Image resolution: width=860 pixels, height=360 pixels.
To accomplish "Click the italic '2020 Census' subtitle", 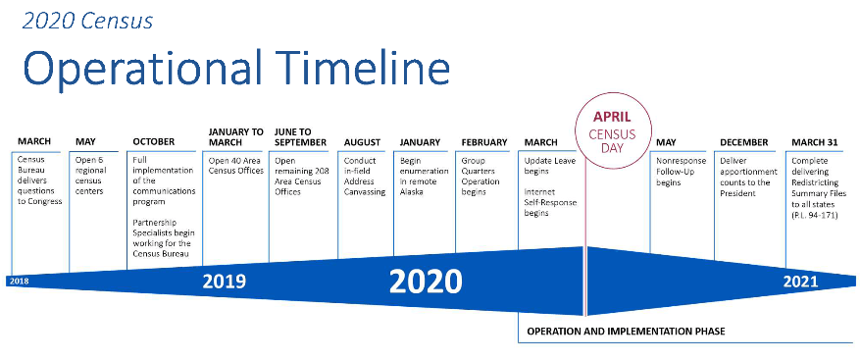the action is tap(87, 21).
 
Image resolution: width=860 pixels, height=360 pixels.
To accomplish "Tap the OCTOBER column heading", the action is tap(154, 142).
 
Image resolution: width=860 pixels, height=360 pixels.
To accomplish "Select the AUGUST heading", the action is tap(362, 142).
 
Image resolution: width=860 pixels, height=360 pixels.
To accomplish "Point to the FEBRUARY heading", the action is tap(484, 142).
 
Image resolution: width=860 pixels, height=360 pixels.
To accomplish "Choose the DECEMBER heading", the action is tap(744, 142).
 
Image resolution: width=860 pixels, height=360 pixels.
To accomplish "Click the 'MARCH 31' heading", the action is tap(815, 142).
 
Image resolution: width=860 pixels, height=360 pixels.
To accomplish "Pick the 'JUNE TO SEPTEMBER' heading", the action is tap(300, 137).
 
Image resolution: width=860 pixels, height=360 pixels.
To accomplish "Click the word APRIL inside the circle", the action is tap(612, 117).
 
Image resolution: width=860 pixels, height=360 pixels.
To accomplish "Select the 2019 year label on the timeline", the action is tap(225, 282).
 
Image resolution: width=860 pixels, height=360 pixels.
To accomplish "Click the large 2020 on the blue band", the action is tap(426, 282).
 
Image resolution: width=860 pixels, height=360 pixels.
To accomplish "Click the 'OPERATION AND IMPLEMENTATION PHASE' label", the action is tap(626, 332).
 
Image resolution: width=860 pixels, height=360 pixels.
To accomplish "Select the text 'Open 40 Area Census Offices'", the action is tap(236, 166).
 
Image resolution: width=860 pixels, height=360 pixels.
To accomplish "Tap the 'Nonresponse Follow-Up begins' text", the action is tap(682, 172).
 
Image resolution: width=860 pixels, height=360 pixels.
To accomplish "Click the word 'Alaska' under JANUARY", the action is tap(411, 192).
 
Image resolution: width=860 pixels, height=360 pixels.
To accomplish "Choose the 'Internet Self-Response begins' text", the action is tap(550, 202).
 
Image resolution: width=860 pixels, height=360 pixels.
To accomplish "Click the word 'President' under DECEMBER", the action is tap(737, 193).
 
